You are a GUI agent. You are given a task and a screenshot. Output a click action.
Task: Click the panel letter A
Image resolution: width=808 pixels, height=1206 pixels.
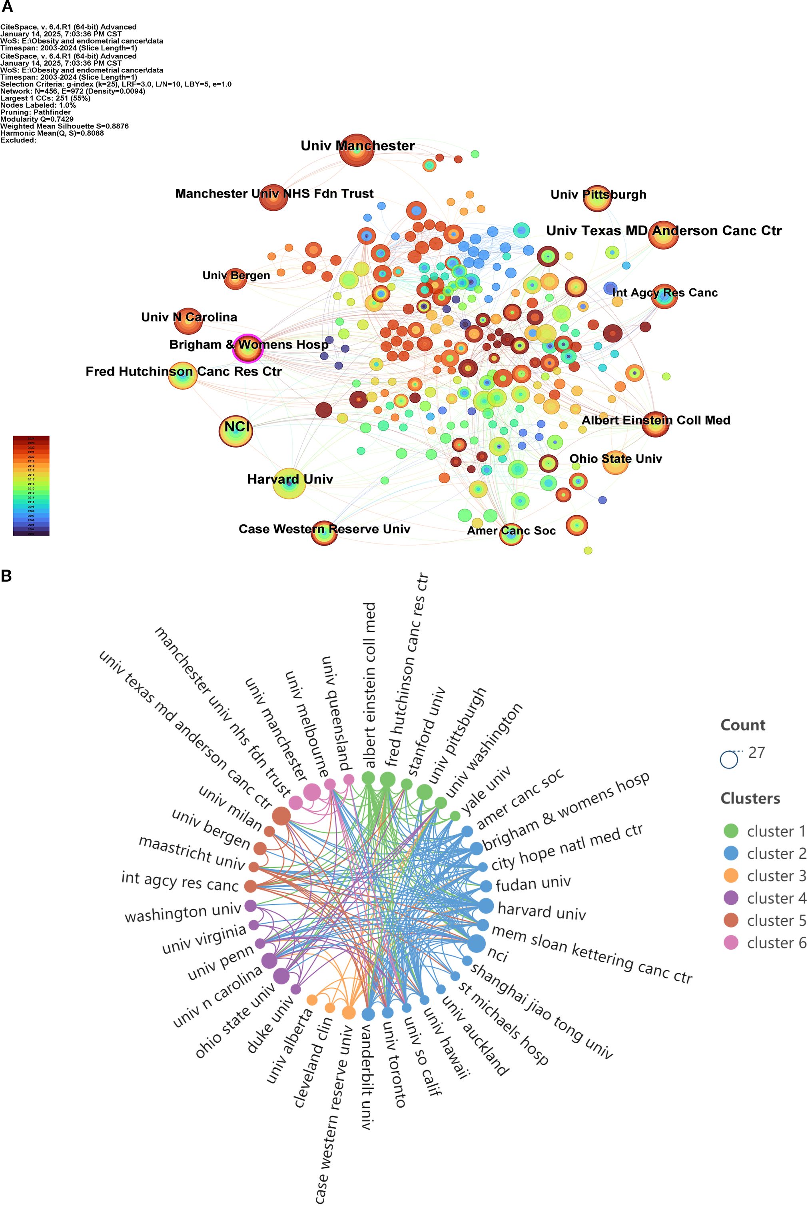(x=7, y=7)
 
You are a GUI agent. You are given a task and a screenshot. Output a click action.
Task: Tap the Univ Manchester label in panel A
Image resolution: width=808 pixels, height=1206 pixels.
(x=357, y=146)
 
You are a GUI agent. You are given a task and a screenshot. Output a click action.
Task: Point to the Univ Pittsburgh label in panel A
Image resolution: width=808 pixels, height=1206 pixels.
(x=598, y=194)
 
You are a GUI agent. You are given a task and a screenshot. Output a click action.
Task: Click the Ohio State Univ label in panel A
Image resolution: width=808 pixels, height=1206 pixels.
(x=615, y=458)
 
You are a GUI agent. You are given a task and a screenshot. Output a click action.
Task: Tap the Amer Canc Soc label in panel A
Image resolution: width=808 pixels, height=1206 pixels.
(x=511, y=530)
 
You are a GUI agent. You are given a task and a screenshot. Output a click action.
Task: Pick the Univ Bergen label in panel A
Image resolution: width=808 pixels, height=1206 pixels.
(x=236, y=275)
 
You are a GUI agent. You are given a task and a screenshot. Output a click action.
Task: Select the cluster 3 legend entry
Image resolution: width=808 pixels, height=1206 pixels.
(x=776, y=876)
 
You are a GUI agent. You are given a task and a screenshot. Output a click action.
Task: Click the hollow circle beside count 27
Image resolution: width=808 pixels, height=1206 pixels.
(x=729, y=760)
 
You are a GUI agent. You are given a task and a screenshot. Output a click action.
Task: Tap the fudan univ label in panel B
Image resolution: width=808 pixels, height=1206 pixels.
(x=533, y=884)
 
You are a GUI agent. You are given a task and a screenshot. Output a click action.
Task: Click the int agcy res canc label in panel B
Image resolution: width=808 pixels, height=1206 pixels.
(x=180, y=881)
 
